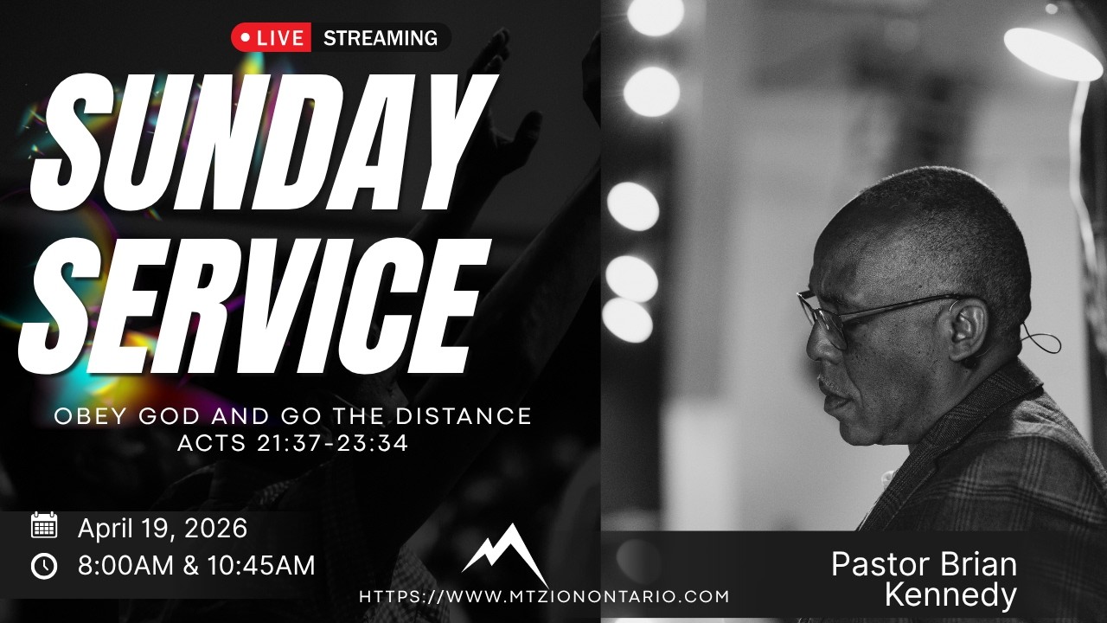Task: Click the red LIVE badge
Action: point(271,38)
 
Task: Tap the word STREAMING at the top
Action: point(381,38)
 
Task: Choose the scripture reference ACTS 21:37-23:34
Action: point(292,443)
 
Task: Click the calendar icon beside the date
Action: point(44,525)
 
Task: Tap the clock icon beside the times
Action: point(44,566)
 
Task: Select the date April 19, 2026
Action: point(163,527)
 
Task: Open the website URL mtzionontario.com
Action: point(544,596)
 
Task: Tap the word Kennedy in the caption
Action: point(950,595)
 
